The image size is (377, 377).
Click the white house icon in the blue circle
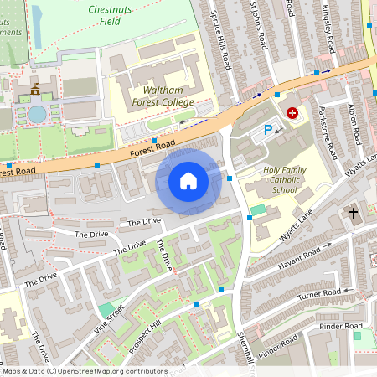point(188,180)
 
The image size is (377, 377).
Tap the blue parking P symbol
point(269,130)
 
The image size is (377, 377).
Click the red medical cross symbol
point(292,112)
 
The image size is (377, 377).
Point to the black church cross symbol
point(353,214)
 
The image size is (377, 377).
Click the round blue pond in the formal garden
point(37,112)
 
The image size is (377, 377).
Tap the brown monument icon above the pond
point(35,88)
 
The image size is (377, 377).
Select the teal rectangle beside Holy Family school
point(258,208)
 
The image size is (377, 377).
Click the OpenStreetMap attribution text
point(84,371)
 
